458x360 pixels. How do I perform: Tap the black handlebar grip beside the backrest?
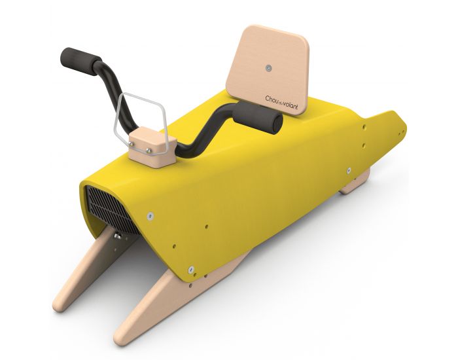tap(260, 117)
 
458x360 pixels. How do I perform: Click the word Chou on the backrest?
tap(273, 98)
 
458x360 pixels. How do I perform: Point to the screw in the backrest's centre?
tap(268, 67)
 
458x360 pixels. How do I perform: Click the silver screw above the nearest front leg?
tap(191, 268)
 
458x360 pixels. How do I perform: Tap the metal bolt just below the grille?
tap(116, 235)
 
